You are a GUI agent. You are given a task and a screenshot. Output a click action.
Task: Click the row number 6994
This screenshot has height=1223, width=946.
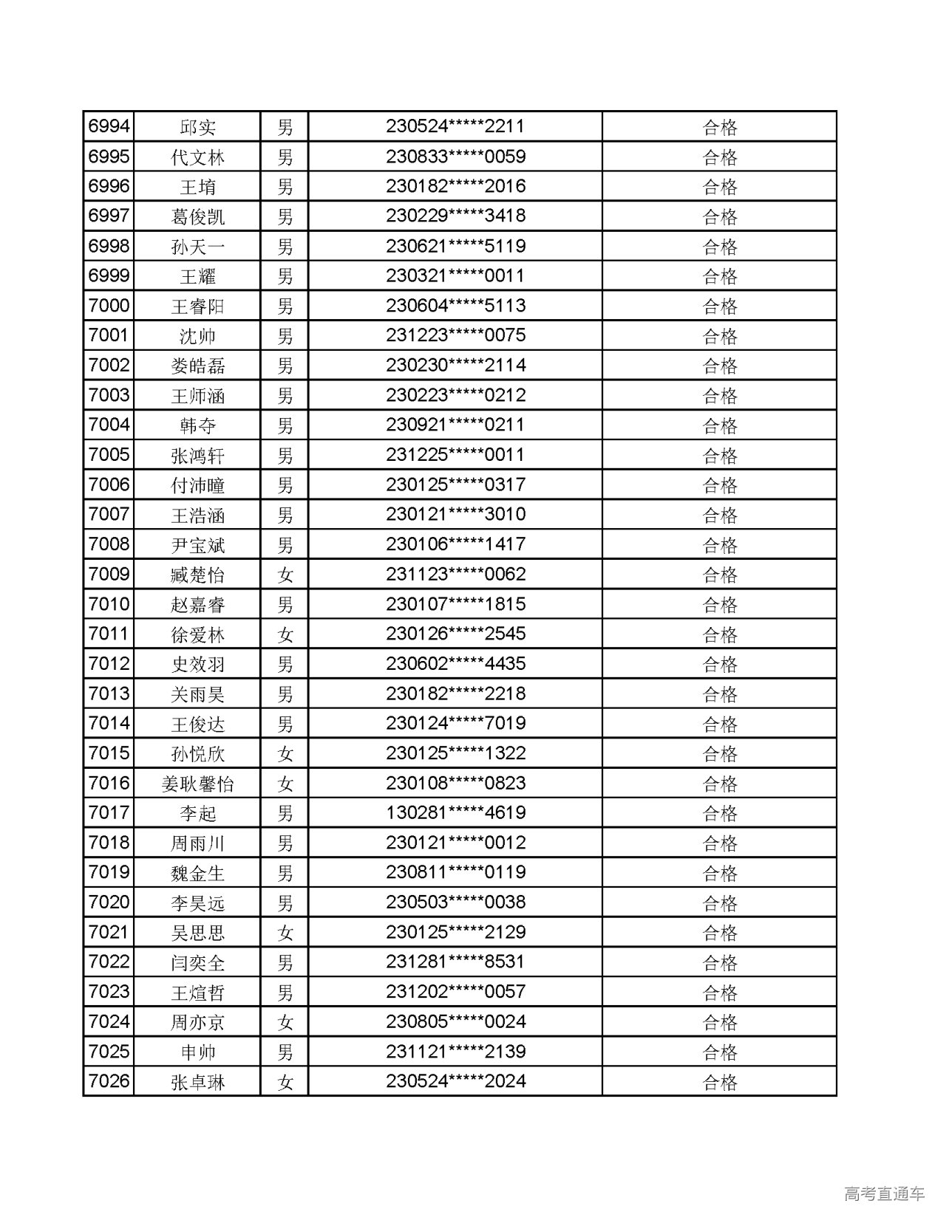click(109, 127)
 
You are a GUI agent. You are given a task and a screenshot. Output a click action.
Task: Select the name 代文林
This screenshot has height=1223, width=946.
click(197, 157)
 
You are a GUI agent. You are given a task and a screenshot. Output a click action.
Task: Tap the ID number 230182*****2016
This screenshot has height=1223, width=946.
click(455, 187)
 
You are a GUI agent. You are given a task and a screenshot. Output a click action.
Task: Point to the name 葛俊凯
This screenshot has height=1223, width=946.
click(197, 216)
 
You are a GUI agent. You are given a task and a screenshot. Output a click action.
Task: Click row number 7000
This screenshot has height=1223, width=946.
click(109, 306)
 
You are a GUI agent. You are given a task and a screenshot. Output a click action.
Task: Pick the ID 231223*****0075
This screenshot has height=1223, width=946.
click(455, 336)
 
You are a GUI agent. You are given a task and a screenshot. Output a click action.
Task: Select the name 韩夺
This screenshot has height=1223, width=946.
click(197, 425)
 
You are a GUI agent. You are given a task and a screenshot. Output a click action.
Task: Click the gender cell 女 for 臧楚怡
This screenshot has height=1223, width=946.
click(285, 575)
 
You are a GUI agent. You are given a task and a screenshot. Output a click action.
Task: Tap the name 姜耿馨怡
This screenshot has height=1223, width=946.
click(197, 784)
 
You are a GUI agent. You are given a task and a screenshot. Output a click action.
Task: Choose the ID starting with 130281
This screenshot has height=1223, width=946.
click(455, 813)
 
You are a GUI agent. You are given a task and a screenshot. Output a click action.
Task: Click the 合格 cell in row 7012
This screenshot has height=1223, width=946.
click(720, 664)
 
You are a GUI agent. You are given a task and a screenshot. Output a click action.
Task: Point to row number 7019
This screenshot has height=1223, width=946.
click(109, 873)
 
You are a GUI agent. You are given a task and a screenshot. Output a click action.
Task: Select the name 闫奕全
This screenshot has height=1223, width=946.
click(197, 962)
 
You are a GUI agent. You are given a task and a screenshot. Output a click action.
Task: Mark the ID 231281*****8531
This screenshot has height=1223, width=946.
click(455, 962)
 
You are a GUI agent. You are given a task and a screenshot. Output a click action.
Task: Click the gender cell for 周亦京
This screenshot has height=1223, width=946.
click(285, 1022)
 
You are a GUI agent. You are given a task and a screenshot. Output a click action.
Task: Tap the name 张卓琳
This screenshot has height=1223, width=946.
click(197, 1082)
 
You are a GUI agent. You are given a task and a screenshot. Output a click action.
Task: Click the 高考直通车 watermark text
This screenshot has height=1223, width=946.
click(884, 1193)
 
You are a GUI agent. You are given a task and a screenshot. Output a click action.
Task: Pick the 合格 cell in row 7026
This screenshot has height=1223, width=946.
click(720, 1082)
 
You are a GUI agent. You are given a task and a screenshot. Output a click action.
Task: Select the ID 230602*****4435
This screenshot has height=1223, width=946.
click(455, 664)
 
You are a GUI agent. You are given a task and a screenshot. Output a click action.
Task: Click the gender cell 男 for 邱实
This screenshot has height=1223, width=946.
click(285, 127)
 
